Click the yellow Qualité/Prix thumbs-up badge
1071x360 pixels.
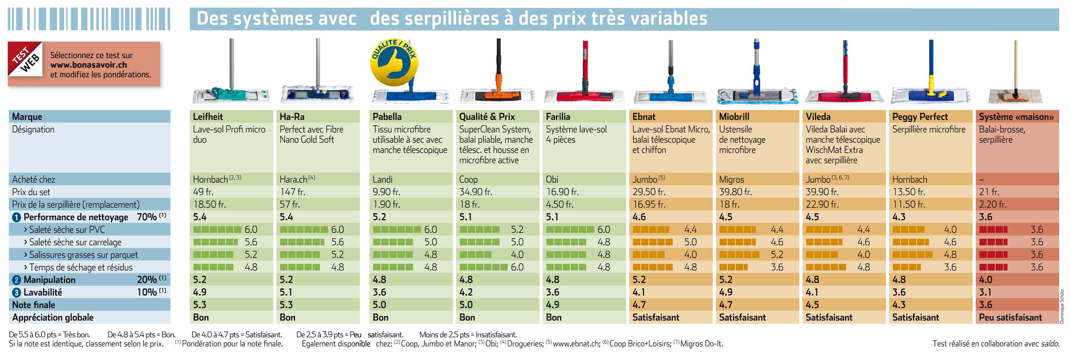tap(394, 63)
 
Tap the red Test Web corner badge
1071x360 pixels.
tap(25, 59)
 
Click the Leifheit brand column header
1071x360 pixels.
tap(208, 117)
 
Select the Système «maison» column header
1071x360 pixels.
tap(1016, 117)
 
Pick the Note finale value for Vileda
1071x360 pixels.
tap(813, 305)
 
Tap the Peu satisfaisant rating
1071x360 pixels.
tap(1010, 317)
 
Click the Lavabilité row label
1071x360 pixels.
tap(42, 292)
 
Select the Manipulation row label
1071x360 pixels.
tap(50, 280)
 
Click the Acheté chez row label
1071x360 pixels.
tap(34, 180)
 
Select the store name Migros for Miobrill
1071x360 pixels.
tap(731, 180)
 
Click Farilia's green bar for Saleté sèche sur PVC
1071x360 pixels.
tap(570, 230)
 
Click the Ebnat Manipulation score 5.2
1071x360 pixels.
tap(639, 280)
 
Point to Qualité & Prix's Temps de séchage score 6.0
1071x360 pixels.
tap(517, 267)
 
